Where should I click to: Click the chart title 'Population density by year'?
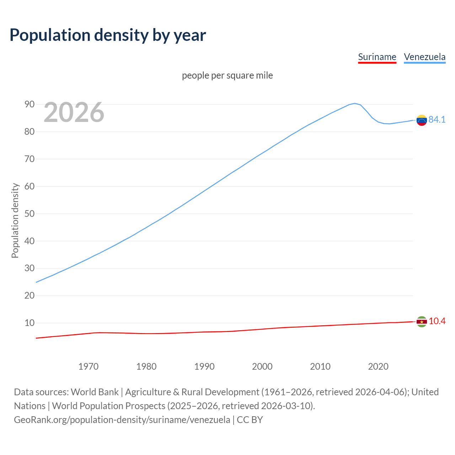(108, 35)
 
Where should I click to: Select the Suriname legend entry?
(377, 57)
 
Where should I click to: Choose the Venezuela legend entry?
(424, 57)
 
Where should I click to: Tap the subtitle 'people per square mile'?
(227, 76)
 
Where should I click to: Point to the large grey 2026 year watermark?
(74, 112)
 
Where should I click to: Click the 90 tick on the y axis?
(30, 105)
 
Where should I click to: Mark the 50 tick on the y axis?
(30, 214)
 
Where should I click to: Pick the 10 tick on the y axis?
(30, 323)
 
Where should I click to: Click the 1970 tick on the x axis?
(89, 366)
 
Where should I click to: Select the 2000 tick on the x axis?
(262, 366)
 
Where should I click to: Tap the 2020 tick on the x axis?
(378, 366)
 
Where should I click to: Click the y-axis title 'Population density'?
(15, 220)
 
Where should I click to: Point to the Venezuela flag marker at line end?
(422, 120)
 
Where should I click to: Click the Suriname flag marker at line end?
(422, 322)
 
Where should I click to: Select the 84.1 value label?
(437, 120)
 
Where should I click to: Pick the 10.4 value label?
(437, 321)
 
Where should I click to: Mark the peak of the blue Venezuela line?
(355, 103)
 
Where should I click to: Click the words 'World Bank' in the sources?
(95, 392)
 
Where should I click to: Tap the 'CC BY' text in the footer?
(250, 420)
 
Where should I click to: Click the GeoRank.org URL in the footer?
(122, 420)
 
